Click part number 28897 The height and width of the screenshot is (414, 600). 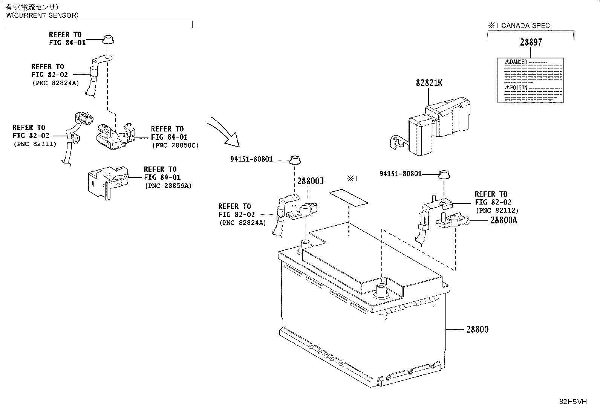pyautogui.click(x=531, y=42)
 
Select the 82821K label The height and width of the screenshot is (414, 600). pyautogui.click(x=429, y=83)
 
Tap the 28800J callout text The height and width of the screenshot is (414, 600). pyautogui.click(x=311, y=181)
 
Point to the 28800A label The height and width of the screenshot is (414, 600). pyautogui.click(x=504, y=220)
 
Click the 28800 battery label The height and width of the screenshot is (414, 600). pyautogui.click(x=477, y=329)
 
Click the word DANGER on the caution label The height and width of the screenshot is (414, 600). pyautogui.click(x=518, y=62)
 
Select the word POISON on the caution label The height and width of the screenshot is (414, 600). pyautogui.click(x=518, y=87)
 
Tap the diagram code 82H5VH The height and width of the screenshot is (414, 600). pyautogui.click(x=573, y=402)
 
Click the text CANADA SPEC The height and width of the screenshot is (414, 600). pyautogui.click(x=525, y=26)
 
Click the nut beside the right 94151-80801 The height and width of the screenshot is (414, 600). pyautogui.click(x=444, y=174)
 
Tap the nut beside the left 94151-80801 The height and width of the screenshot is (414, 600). pyautogui.click(x=295, y=160)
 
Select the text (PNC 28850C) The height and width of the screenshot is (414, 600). pyautogui.click(x=175, y=145)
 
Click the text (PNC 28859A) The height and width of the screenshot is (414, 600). pyautogui.click(x=168, y=186)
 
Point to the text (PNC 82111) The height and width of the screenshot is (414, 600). pyautogui.click(x=35, y=144)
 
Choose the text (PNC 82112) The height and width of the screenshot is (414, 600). pyautogui.click(x=497, y=211)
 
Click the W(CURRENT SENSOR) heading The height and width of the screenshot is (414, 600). pyautogui.click(x=42, y=15)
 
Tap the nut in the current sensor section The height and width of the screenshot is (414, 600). pyautogui.click(x=108, y=40)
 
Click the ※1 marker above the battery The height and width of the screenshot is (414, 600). pyautogui.click(x=352, y=178)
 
